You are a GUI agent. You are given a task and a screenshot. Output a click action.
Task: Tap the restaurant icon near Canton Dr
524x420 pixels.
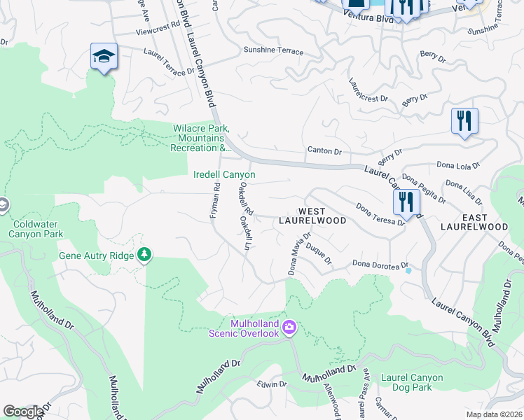pyautogui.click(x=464, y=120)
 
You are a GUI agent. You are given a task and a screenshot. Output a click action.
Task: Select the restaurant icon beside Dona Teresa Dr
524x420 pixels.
pyautogui.click(x=406, y=202)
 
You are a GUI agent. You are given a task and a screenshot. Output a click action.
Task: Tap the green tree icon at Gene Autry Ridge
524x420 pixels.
pyautogui.click(x=145, y=253)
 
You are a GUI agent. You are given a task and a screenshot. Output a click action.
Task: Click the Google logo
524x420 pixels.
pyautogui.click(x=23, y=412)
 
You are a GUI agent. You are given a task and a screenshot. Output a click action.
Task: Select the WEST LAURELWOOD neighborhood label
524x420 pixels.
pyautogui.click(x=312, y=216)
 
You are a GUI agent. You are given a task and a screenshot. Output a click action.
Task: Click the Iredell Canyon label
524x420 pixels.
pyautogui.click(x=224, y=174)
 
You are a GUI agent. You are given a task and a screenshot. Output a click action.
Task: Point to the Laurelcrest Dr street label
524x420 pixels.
pyautogui.click(x=368, y=89)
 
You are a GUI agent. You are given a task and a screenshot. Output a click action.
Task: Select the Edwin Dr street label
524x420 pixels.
pyautogui.click(x=272, y=384)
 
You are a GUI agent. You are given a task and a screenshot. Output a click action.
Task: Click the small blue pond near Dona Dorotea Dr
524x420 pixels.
pyautogui.click(x=408, y=269)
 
